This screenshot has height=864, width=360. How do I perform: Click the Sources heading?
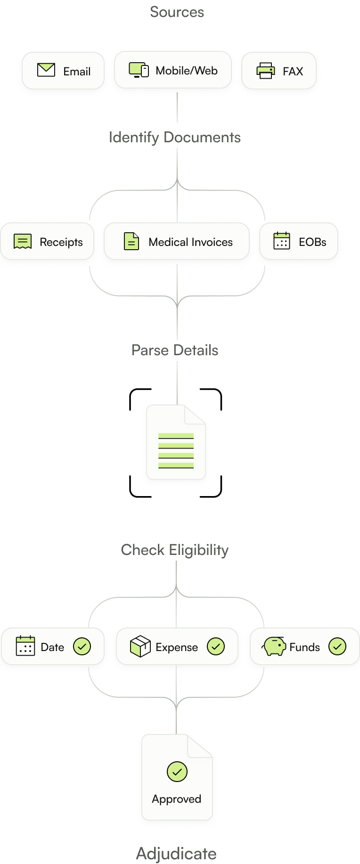pyautogui.click(x=177, y=12)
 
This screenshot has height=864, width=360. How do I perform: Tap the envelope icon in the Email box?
pyautogui.click(x=46, y=70)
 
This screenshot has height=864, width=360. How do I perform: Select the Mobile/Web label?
pyautogui.click(x=187, y=71)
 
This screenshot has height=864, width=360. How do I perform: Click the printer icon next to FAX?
pyautogui.click(x=266, y=71)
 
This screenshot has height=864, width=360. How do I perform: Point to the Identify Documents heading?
pyautogui.click(x=175, y=138)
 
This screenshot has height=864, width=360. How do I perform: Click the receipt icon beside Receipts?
pyautogui.click(x=23, y=242)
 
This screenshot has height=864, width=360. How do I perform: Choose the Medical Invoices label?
pyautogui.click(x=190, y=242)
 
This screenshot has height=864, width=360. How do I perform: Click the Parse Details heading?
pyautogui.click(x=175, y=350)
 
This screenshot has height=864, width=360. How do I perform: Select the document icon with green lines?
pyautogui.click(x=176, y=443)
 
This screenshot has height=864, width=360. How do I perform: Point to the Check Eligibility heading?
pyautogui.click(x=175, y=550)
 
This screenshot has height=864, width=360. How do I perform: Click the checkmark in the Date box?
pyautogui.click(x=82, y=646)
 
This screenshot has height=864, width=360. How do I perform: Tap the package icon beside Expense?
pyautogui.click(x=140, y=646)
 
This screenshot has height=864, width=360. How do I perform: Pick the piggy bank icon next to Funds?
pyautogui.click(x=274, y=646)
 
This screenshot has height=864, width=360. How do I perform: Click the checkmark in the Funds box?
pyautogui.click(x=337, y=646)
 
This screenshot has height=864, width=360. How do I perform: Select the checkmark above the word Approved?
pyautogui.click(x=177, y=772)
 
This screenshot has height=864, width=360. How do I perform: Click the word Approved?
pyautogui.click(x=177, y=799)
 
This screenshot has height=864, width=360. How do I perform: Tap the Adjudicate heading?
pyautogui.click(x=176, y=854)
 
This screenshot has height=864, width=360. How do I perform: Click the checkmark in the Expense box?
pyautogui.click(x=216, y=646)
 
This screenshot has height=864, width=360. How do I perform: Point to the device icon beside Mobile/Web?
pyautogui.click(x=139, y=70)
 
